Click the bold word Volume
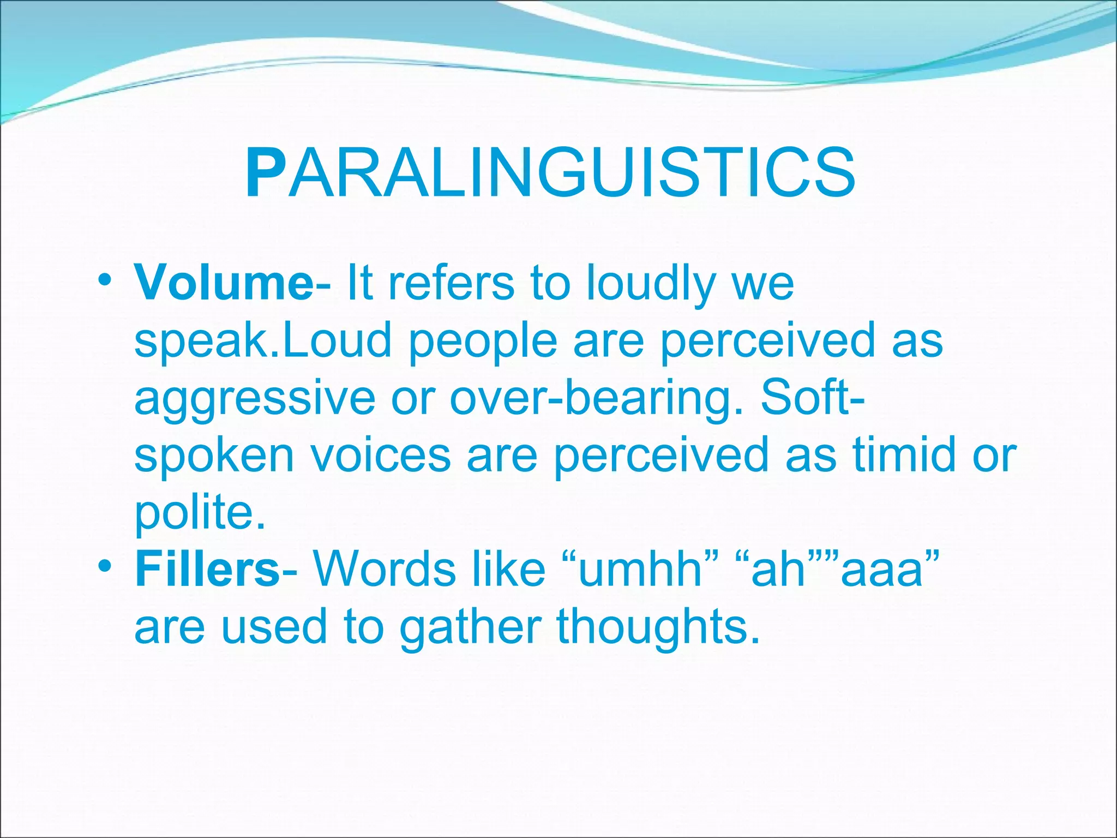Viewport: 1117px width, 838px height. tap(224, 283)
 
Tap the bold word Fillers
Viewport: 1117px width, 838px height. tap(207, 570)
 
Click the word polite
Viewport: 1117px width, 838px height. tap(200, 513)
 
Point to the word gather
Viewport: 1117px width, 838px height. tap(470, 628)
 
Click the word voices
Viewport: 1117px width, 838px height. tap(380, 455)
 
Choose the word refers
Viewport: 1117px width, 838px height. tap(451, 283)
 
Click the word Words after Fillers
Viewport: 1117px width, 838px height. tap(383, 569)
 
